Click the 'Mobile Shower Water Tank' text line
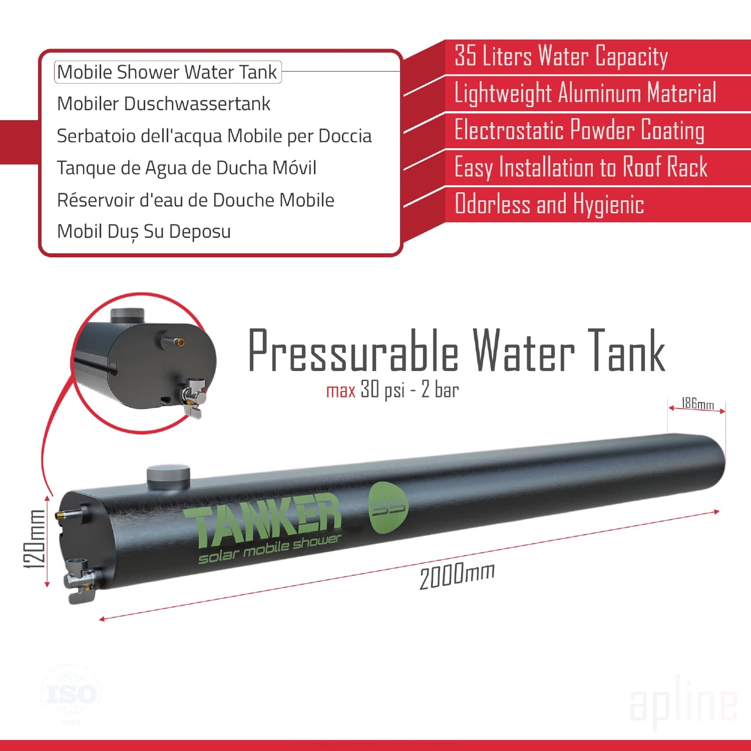167,72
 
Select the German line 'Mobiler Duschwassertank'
164,104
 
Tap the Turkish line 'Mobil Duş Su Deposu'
144,232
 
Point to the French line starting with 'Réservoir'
195,200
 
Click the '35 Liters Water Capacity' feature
561,56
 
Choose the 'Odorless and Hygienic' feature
549,204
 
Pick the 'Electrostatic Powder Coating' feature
579,130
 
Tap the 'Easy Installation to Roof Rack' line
581,167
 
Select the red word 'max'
340,390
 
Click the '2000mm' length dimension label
457,575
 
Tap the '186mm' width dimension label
697,404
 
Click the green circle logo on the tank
388,507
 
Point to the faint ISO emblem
71,694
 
